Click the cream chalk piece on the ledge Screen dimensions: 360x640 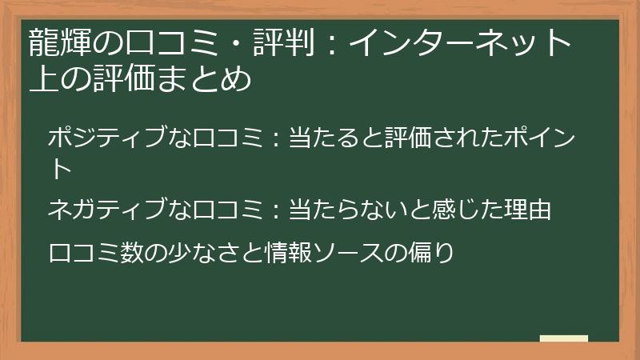pos(563,339)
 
